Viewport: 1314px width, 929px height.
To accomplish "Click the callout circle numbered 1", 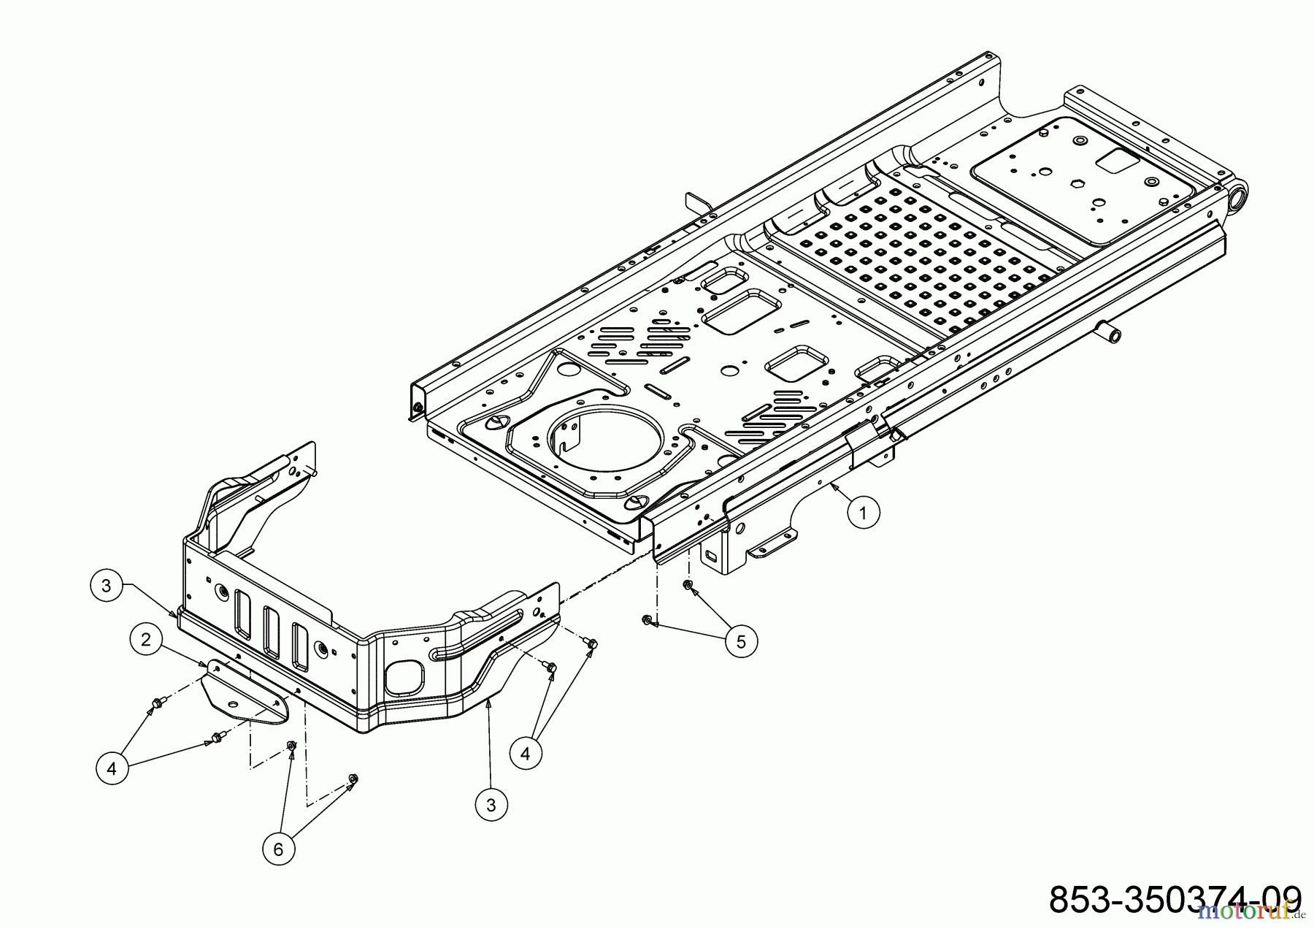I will point(863,513).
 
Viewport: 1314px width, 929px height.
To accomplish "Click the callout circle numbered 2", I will point(146,640).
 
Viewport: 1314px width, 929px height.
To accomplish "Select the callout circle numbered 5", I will point(741,641).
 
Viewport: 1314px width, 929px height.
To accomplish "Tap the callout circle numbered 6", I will point(278,849).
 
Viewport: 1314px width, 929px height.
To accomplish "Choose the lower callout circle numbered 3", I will point(491,805).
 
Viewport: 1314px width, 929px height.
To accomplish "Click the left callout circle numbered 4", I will point(112,768).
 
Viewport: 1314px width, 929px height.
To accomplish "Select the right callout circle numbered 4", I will point(526,753).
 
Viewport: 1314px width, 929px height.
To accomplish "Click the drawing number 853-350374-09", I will point(1174,898).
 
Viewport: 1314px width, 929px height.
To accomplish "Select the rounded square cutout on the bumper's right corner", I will point(404,677).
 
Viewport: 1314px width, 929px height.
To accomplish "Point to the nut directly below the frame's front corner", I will point(687,585).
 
